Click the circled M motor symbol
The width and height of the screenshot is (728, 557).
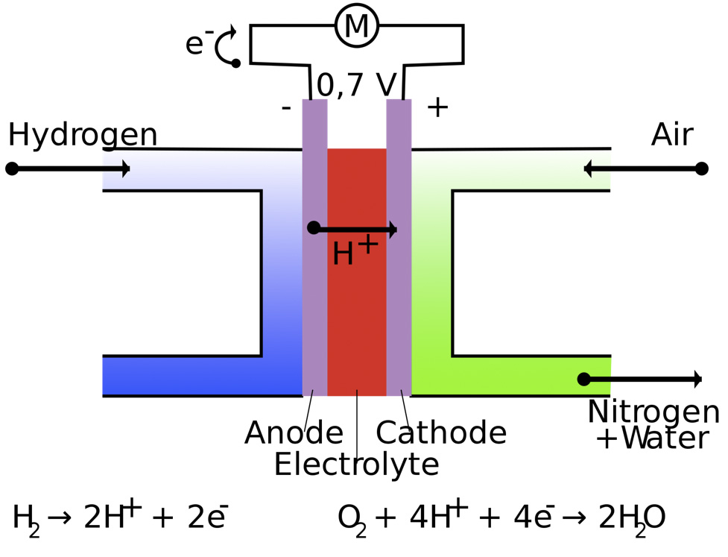click(357, 26)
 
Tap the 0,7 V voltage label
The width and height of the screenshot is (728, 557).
click(356, 85)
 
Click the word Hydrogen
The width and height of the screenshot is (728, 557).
click(83, 135)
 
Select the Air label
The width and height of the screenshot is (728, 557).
click(672, 135)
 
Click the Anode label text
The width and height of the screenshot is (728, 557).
click(294, 432)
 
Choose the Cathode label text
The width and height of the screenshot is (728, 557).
click(441, 432)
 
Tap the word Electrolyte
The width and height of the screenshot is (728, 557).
click(356, 465)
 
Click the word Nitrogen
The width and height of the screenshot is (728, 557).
click(653, 412)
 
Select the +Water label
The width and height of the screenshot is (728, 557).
click(652, 438)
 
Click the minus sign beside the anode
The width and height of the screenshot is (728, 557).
click(285, 108)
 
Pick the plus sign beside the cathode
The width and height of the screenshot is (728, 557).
click(437, 107)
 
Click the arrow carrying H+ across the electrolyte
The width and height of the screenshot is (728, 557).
click(355, 228)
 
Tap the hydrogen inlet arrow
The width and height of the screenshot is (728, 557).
click(71, 169)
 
